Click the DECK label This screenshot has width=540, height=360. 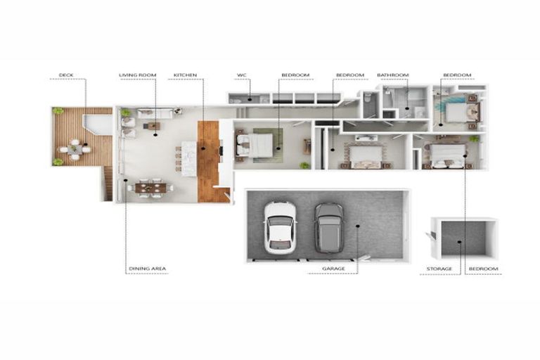click(x=65, y=75)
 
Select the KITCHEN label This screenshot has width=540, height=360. click(x=185, y=75)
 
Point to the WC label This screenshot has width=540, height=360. click(x=240, y=75)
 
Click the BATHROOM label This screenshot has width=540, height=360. click(x=392, y=75)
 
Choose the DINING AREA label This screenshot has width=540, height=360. click(x=147, y=269)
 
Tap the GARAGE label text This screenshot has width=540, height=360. click(x=333, y=269)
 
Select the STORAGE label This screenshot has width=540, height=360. click(x=439, y=269)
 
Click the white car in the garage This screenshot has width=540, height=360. click(x=278, y=226)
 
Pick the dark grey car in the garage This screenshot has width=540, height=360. click(x=328, y=226)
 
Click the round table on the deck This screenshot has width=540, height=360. click(x=75, y=148)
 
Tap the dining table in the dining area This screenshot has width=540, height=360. click(x=151, y=187)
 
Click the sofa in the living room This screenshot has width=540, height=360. click(x=155, y=112)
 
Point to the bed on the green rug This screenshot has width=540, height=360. click(x=257, y=145)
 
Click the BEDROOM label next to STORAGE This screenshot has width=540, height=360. click(x=484, y=269)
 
